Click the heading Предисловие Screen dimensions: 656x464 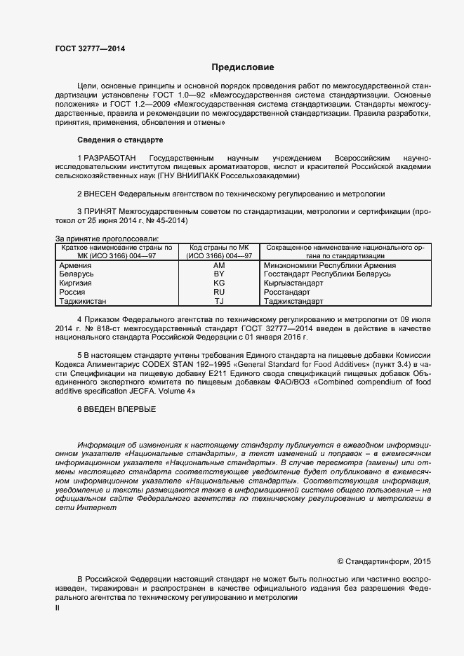click(x=243, y=67)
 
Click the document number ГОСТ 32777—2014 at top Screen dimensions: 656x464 click(x=90, y=49)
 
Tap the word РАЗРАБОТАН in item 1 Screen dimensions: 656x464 click(x=110, y=158)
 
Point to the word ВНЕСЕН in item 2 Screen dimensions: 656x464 click(x=100, y=193)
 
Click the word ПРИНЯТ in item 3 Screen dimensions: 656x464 click(x=100, y=211)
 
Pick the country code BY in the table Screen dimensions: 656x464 click(x=218, y=274)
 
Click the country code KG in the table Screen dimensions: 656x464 click(x=218, y=283)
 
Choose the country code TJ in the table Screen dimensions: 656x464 click(x=218, y=301)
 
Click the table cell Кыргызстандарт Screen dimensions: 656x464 click(x=293, y=283)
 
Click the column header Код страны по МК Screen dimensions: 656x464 click(x=218, y=248)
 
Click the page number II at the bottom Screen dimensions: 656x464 click(x=58, y=608)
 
